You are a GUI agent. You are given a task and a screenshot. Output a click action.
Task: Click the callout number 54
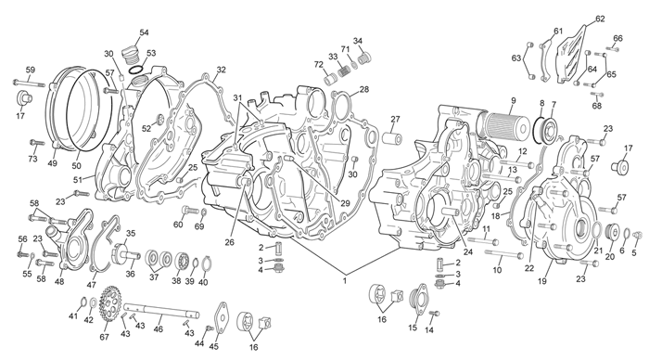click(144, 32)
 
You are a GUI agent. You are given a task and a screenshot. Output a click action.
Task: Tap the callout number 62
click(600, 19)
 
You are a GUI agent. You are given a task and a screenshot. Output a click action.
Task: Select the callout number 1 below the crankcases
click(344, 281)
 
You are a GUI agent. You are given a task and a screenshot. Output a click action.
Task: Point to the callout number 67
click(104, 337)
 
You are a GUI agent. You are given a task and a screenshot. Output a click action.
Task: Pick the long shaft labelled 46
click(160, 312)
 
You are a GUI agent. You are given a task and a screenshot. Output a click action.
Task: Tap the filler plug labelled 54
click(131, 55)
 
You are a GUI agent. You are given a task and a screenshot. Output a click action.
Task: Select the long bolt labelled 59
click(29, 84)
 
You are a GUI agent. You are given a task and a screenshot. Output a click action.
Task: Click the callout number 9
click(514, 100)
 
